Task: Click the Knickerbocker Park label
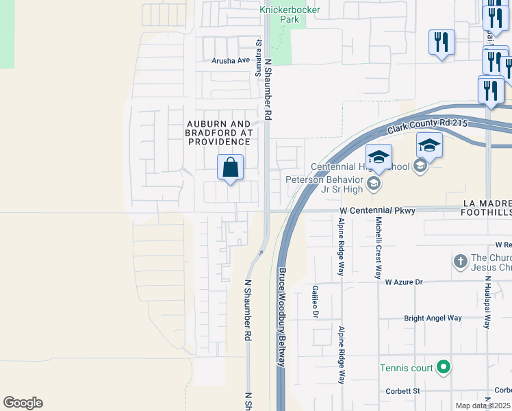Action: point(280,14)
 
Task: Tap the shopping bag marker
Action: point(231,168)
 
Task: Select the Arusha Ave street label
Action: point(231,60)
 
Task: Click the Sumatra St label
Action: point(259,52)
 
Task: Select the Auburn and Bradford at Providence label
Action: point(219,132)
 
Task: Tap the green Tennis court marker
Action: point(443,368)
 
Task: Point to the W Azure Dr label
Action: point(404,282)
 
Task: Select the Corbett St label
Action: point(400,391)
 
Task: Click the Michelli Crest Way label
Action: point(377,247)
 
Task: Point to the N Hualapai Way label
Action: point(487,302)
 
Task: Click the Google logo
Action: point(23,403)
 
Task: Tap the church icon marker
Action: point(461,261)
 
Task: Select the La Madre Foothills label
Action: point(487,208)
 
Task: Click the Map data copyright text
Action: point(483,406)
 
